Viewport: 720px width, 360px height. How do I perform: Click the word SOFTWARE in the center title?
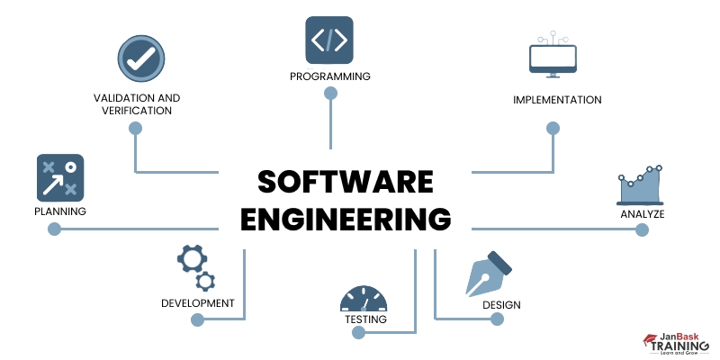tap(345, 182)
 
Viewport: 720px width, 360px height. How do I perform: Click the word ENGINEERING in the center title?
tap(345, 220)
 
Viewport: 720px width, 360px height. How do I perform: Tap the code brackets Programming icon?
tap(329, 39)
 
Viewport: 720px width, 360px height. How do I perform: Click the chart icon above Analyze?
tap(641, 186)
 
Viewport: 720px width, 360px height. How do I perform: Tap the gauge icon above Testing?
tap(364, 299)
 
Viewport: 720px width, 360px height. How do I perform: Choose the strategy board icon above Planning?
tap(59, 177)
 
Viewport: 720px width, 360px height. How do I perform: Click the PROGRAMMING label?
tap(329, 76)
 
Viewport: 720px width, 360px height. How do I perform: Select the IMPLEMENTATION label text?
tap(557, 100)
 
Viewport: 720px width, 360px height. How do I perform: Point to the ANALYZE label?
tap(642, 214)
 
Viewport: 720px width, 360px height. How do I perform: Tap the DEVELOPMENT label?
tap(198, 303)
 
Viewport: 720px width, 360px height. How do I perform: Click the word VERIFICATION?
tap(137, 111)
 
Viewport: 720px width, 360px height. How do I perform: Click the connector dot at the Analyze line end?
tap(642, 229)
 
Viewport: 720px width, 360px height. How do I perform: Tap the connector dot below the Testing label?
tap(359, 333)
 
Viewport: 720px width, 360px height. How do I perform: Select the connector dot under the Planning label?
tap(54, 229)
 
